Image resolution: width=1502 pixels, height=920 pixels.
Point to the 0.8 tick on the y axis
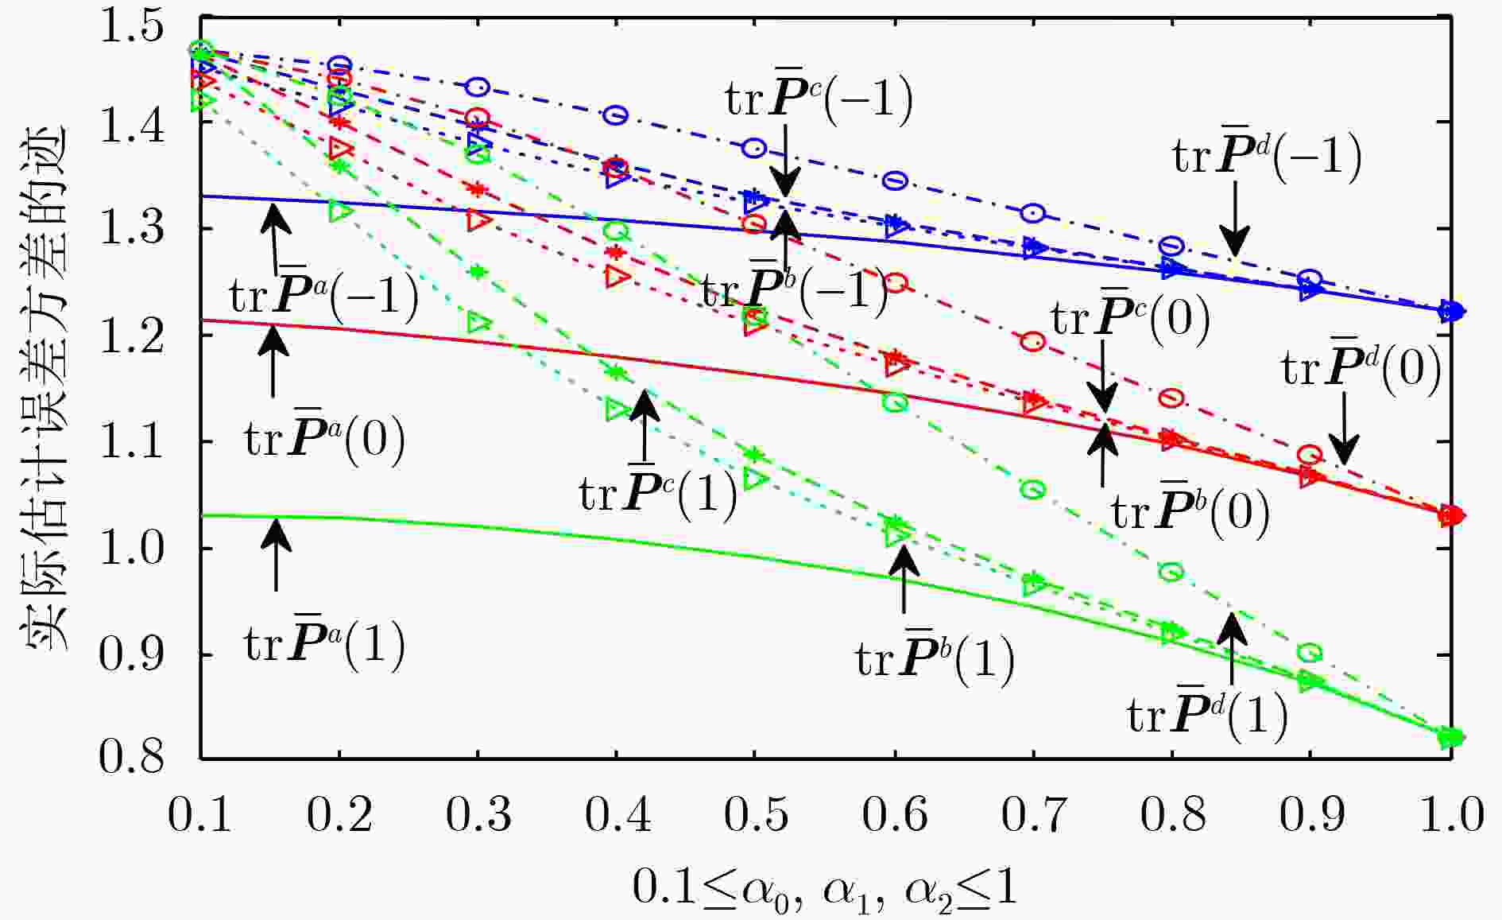(x=131, y=756)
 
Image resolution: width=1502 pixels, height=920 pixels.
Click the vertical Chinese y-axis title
(x=43, y=390)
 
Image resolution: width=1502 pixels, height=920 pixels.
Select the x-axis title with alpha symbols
(x=825, y=888)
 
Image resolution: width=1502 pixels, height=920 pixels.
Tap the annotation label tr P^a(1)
(x=324, y=644)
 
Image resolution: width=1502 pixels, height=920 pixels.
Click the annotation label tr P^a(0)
(x=324, y=439)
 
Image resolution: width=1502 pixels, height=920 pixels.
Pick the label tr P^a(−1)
(x=324, y=297)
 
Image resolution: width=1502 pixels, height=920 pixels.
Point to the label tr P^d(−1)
(x=1267, y=156)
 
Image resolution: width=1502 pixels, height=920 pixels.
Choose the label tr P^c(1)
(x=658, y=494)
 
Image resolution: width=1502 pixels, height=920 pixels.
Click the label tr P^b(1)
(x=935, y=659)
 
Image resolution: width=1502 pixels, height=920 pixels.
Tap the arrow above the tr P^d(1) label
(x=1232, y=649)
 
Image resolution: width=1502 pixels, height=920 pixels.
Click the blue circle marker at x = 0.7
(x=1033, y=213)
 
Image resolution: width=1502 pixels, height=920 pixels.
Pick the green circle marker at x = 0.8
(x=1171, y=572)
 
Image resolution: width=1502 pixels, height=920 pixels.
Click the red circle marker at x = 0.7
(x=1033, y=342)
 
